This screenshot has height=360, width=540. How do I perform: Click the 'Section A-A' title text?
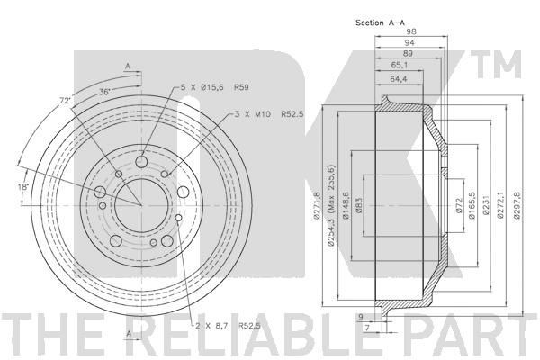pyautogui.click(x=380, y=22)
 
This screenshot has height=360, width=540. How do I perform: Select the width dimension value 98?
pyautogui.click(x=411, y=31)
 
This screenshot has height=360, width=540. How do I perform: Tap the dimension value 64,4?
pyautogui.click(x=399, y=79)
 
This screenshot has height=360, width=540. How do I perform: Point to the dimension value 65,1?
pyautogui.click(x=400, y=65)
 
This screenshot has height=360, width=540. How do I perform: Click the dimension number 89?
pyautogui.click(x=408, y=53)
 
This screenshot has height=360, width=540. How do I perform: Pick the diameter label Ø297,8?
pyautogui.click(x=517, y=205)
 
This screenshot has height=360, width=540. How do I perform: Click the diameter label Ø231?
pyautogui.click(x=486, y=206)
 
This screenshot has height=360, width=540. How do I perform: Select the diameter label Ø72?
pyautogui.click(x=458, y=206)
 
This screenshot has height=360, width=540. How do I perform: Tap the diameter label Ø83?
pyautogui.click(x=358, y=206)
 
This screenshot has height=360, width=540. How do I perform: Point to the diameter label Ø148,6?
pyautogui.click(x=346, y=205)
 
